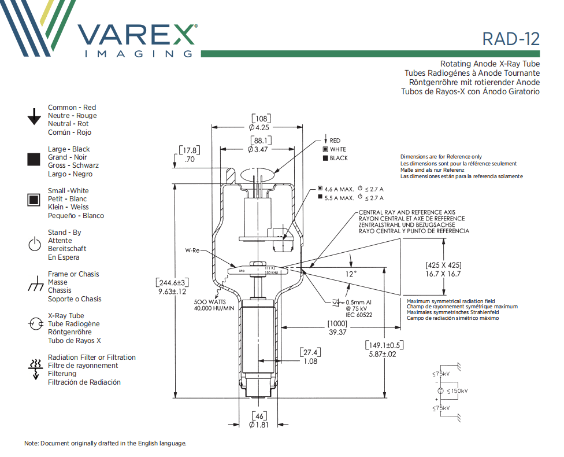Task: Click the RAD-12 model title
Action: [511, 39]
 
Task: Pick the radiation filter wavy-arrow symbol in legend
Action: [34, 369]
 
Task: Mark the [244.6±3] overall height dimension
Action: [172, 282]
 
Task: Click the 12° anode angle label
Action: [351, 274]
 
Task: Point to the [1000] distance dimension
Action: [337, 323]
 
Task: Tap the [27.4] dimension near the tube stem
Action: [310, 352]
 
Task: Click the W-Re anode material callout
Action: [192, 250]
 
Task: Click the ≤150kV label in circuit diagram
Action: [457, 391]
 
